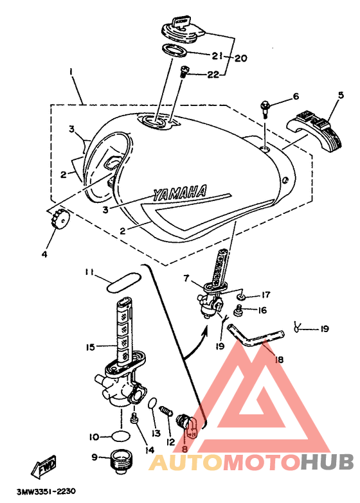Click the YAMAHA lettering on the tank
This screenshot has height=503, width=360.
tap(179, 193)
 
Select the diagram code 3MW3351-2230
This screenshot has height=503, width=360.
tap(46, 491)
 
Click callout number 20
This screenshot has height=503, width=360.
tap(240, 58)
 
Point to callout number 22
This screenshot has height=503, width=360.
tap(214, 75)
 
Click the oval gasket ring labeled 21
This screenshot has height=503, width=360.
tap(174, 50)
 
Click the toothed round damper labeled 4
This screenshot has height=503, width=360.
tap(59, 218)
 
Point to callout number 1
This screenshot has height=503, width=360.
tap(71, 71)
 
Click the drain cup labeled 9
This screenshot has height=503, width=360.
tap(120, 460)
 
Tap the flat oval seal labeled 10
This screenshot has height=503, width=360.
tap(121, 436)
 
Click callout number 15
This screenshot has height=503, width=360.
tap(91, 347)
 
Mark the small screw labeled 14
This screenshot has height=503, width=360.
tap(134, 418)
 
